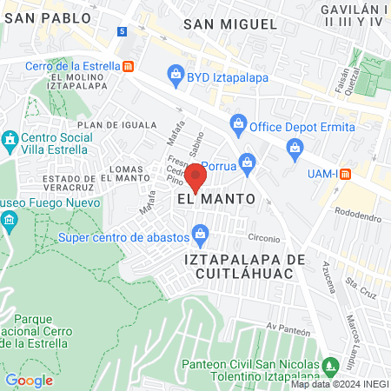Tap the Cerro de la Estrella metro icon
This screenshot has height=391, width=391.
coord(129,65)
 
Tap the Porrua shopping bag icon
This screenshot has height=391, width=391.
coord(248,161)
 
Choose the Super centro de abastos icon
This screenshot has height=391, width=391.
coord(201,233)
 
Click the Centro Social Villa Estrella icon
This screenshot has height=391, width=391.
coord(10,139)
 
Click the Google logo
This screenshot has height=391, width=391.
coord(29,380)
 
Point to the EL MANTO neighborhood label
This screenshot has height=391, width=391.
coord(215,199)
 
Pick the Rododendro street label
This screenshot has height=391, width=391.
coord(358,212)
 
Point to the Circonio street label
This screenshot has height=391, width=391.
coord(264,238)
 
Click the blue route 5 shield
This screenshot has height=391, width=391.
coord(122,31)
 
